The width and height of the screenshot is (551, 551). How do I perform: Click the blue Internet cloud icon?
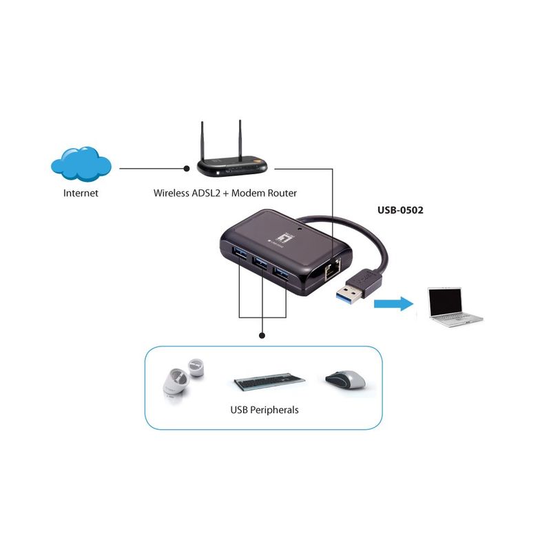tap(81, 165)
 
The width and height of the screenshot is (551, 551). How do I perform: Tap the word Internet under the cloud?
tap(81, 193)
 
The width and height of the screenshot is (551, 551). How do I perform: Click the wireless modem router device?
tap(232, 165)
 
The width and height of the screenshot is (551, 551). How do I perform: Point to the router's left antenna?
tap(202, 141)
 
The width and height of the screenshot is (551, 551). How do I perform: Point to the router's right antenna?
tap(240, 140)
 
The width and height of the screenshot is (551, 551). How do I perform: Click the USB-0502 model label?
tap(400, 210)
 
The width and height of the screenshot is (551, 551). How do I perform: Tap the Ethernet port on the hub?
tap(332, 269)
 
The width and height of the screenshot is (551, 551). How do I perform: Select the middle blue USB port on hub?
tap(260, 262)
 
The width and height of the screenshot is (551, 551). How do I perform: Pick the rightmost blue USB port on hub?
tap(282, 273)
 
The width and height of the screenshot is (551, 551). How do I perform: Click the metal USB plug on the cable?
tap(349, 293)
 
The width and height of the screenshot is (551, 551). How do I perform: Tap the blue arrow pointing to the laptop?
tap(393, 304)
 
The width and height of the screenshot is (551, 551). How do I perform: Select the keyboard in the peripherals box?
tap(269, 382)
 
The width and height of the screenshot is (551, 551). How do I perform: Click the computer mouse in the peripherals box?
tap(346, 380)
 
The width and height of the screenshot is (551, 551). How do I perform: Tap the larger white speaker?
tap(177, 382)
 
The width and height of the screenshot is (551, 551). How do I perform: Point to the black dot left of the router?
tap(187, 169)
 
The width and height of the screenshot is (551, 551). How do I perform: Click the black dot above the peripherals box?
tap(262, 336)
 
